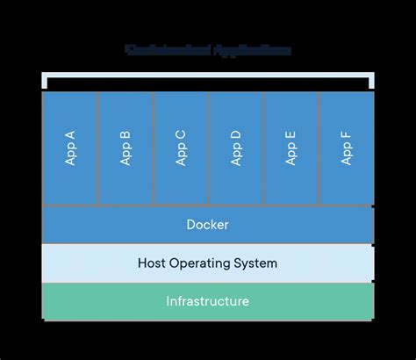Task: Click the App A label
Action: pyautogui.click(x=70, y=148)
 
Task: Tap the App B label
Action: pyautogui.click(x=126, y=148)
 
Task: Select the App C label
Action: pyautogui.click(x=181, y=148)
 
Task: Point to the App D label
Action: pyautogui.click(x=236, y=148)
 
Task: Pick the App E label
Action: pyautogui.click(x=291, y=148)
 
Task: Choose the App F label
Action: pyautogui.click(x=347, y=148)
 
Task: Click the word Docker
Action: pyautogui.click(x=208, y=225)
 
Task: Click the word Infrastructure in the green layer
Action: pyautogui.click(x=208, y=301)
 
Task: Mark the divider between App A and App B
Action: pyautogui.click(x=98, y=148)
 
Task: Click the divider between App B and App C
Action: pyautogui.click(x=154, y=148)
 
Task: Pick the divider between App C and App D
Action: pyautogui.click(x=209, y=148)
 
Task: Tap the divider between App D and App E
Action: pyautogui.click(x=263, y=148)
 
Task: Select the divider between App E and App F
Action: pyautogui.click(x=319, y=148)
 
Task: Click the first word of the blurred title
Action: pyautogui.click(x=163, y=50)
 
